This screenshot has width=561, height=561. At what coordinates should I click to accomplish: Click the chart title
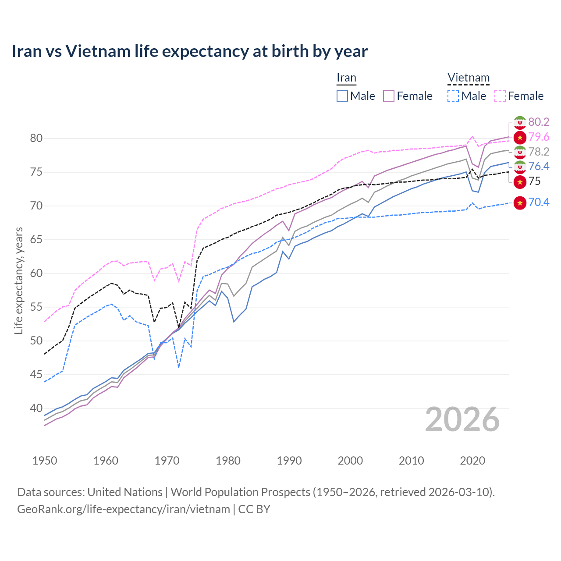[189, 51]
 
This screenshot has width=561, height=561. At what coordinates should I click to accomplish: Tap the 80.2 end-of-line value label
[539, 122]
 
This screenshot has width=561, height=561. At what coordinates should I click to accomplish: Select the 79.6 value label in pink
[539, 137]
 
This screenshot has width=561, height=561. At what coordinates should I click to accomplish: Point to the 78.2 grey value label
[539, 152]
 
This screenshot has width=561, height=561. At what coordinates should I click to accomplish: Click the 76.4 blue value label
[539, 166]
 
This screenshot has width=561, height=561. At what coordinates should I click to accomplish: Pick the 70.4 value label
[539, 202]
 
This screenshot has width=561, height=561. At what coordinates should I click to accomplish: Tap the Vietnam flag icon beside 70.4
[519, 202]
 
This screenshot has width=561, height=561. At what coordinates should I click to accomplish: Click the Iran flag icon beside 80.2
[519, 122]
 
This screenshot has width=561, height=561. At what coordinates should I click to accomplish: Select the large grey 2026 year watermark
[462, 420]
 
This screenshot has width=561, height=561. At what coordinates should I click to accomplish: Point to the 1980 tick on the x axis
[228, 461]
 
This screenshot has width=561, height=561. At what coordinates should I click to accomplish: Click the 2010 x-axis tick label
[411, 461]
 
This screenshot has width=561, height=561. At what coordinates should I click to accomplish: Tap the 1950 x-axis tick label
[45, 461]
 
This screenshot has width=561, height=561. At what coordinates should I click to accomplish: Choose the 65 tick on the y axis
[36, 240]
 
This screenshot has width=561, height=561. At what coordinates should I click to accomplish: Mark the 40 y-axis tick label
[36, 408]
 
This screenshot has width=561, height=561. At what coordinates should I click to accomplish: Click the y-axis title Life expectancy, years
[18, 280]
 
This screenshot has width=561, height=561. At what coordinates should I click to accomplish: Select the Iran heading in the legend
[346, 78]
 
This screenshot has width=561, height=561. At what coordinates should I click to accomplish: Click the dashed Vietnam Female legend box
[500, 96]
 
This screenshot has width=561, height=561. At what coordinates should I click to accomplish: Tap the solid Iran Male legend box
[342, 96]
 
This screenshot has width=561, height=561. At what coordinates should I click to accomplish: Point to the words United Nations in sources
[125, 492]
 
